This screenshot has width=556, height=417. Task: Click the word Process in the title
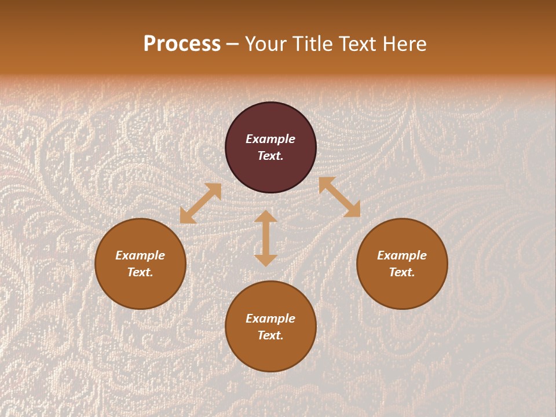(x=182, y=44)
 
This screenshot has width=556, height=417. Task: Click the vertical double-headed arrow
(x=266, y=238)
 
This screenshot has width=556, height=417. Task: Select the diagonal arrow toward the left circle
(x=200, y=203)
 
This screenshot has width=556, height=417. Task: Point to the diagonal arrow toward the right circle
(x=339, y=197)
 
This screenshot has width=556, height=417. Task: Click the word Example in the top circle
(x=270, y=139)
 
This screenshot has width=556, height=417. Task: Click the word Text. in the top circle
(x=270, y=156)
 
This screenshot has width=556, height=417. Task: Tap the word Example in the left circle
(x=140, y=255)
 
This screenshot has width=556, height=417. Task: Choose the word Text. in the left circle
(x=140, y=272)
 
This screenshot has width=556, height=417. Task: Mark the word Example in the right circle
(x=402, y=255)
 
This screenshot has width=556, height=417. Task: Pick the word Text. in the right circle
(x=402, y=272)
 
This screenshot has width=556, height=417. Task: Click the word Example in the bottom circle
(x=270, y=319)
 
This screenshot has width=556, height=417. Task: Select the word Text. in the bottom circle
(x=270, y=335)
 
